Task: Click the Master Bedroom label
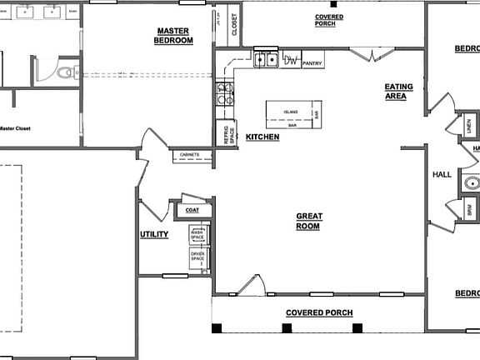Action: click(x=175, y=36)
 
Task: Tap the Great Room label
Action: click(x=308, y=221)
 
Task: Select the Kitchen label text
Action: click(x=262, y=137)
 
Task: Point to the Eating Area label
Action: click(x=395, y=92)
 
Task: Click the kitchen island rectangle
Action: click(x=292, y=114)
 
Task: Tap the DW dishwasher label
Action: click(x=291, y=60)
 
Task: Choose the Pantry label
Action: click(x=312, y=62)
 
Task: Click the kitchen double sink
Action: click(x=267, y=59)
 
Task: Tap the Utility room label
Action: click(x=154, y=235)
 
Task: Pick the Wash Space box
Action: click(x=197, y=235)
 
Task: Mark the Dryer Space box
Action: click(x=197, y=259)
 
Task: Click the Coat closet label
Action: click(x=192, y=211)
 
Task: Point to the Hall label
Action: click(x=442, y=175)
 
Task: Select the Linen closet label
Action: click(x=469, y=127)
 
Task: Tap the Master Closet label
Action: click(x=17, y=128)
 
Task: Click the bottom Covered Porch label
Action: click(x=319, y=313)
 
